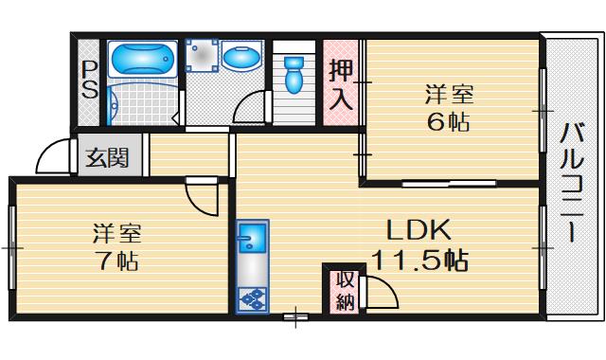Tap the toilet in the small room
(293, 73)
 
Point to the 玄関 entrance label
(108, 158)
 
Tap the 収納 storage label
(344, 291)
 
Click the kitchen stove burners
(252, 299)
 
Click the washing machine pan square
(200, 55)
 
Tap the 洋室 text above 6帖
(449, 95)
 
